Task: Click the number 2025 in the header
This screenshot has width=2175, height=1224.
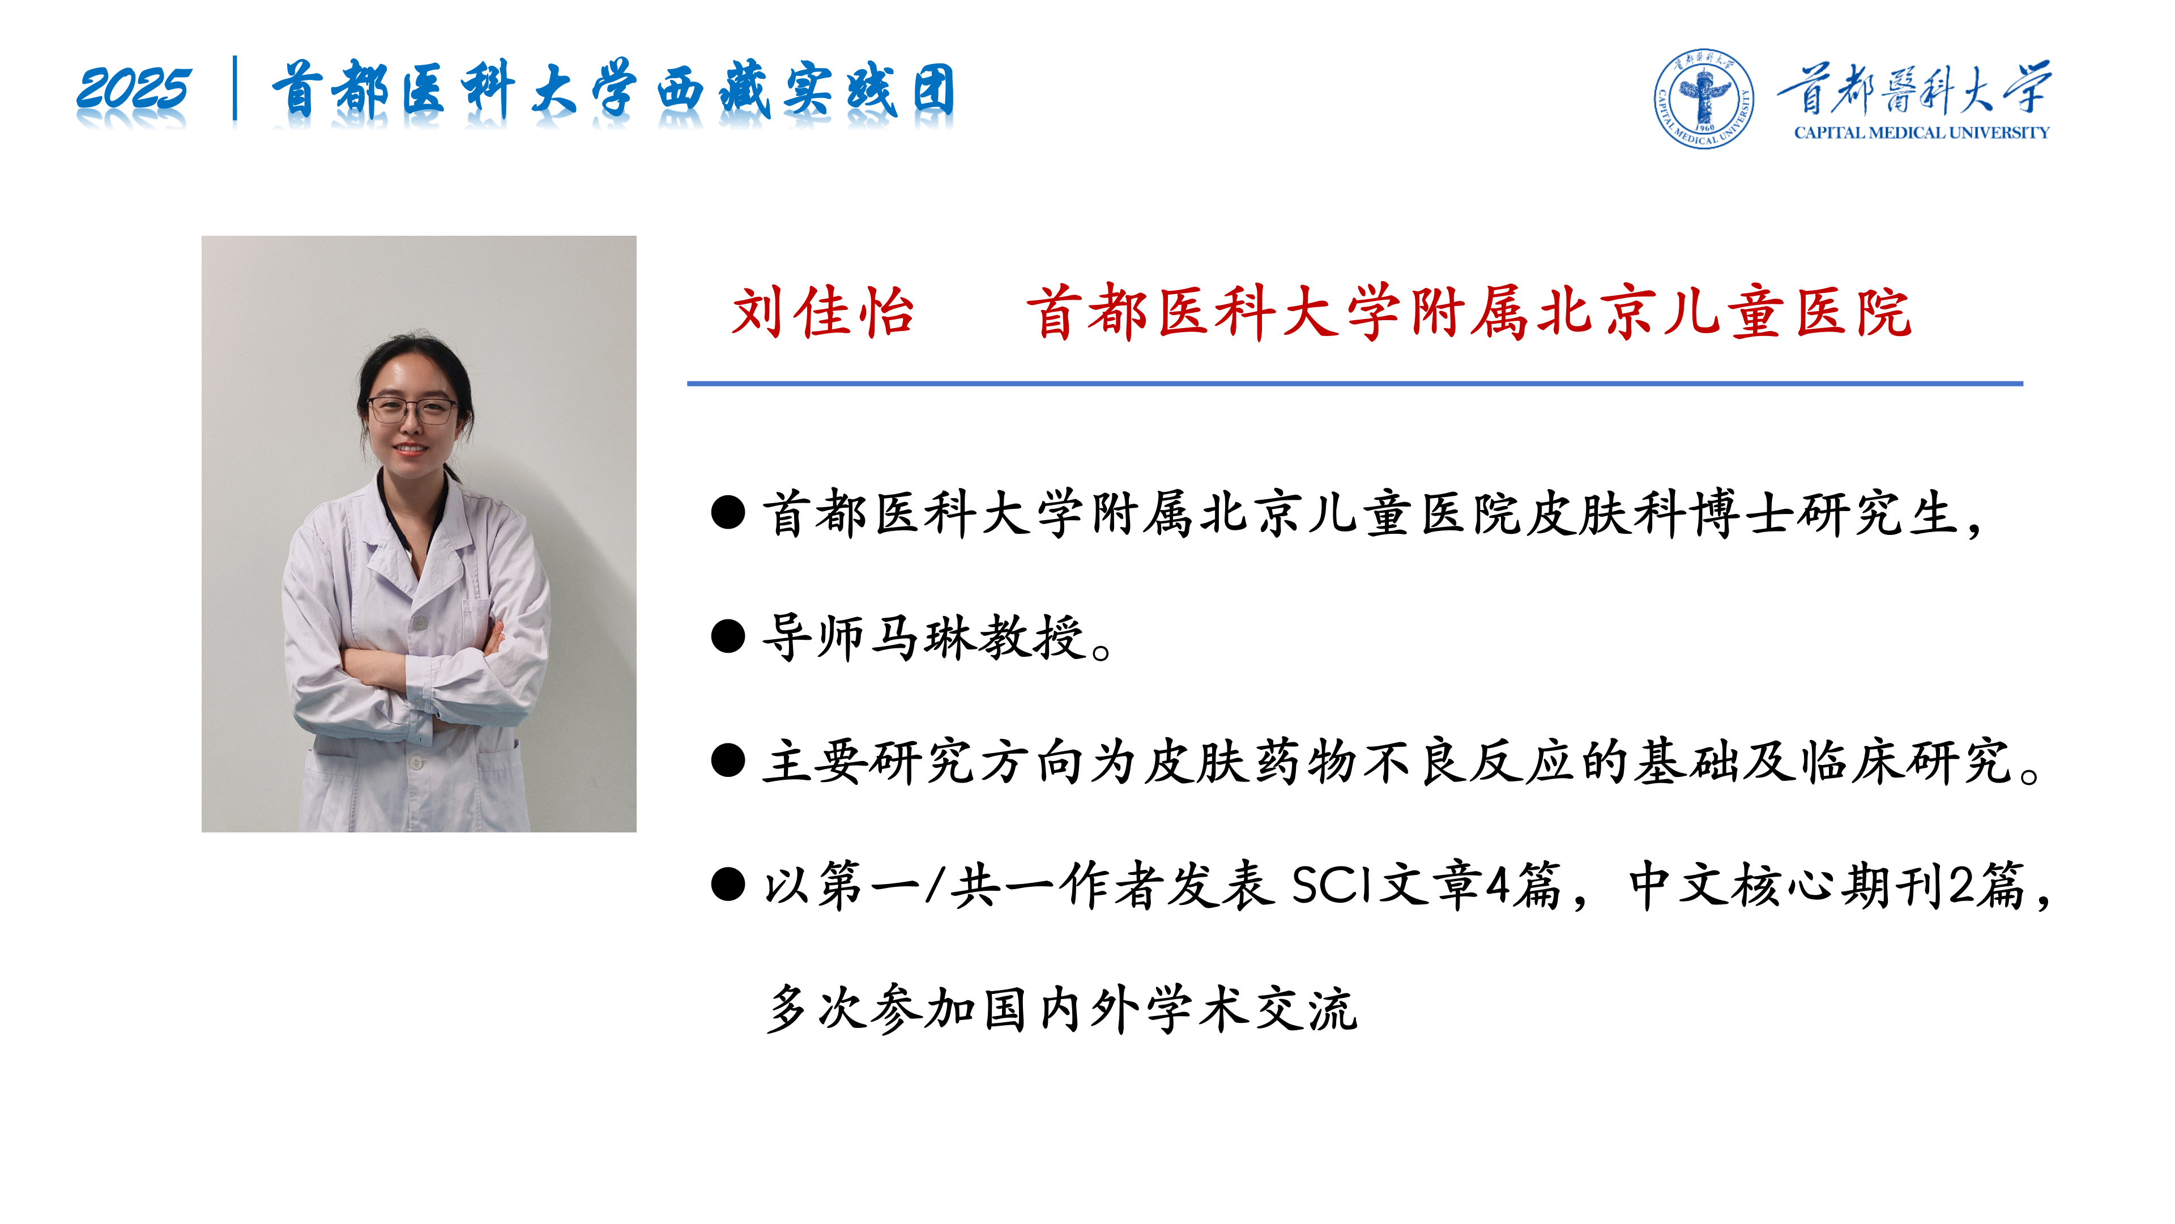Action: [x=134, y=89]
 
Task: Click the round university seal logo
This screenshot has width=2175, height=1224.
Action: [x=1703, y=98]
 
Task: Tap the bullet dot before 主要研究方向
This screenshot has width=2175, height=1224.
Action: [x=728, y=760]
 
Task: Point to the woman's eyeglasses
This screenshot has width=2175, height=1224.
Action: [x=411, y=410]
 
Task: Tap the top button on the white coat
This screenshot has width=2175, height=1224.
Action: [x=419, y=623]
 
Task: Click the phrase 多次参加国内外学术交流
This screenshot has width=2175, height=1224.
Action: [x=1062, y=1009]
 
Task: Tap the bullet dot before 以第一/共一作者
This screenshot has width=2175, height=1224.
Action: [x=728, y=885]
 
